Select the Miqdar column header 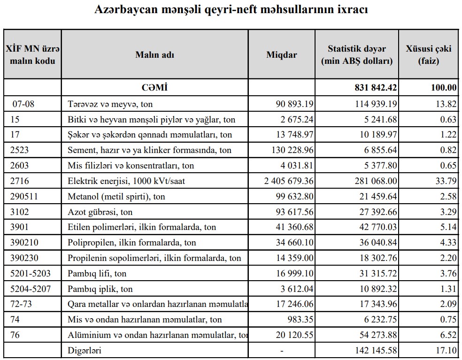click(x=282, y=54)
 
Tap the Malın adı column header click(x=154, y=54)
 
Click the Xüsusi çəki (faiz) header click(x=428, y=54)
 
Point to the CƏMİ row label click(x=154, y=87)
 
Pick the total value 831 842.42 click(x=376, y=87)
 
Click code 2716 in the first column click(x=20, y=181)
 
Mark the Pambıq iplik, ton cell click(x=100, y=289)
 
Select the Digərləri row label click(x=85, y=350)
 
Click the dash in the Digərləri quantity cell click(x=282, y=350)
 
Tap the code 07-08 click(x=23, y=104)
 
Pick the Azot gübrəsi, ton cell click(x=100, y=212)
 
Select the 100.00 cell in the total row click(x=444, y=87)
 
